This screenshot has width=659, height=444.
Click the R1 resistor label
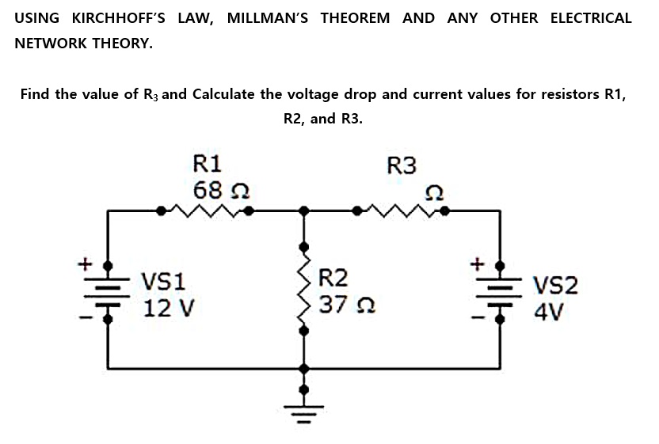[x=208, y=164]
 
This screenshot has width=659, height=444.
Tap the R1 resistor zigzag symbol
[x=206, y=211]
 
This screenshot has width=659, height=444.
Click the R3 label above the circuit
[x=402, y=165]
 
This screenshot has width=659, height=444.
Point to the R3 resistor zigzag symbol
[x=402, y=211]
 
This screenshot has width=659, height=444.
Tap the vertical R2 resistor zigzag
[x=303, y=290]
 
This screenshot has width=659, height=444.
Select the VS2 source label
[x=556, y=285]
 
